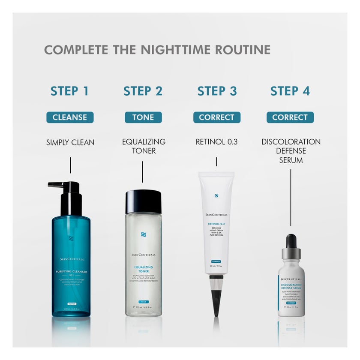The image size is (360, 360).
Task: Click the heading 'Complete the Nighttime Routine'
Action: [x=157, y=49]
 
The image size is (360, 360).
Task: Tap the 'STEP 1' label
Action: [x=69, y=91]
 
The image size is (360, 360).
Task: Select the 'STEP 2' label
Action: [x=143, y=91]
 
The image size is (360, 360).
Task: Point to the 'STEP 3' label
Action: [x=216, y=91]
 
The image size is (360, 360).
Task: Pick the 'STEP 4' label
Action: [x=290, y=91]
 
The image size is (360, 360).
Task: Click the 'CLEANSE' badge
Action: [x=70, y=117]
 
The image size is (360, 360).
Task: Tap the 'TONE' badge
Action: [x=143, y=117]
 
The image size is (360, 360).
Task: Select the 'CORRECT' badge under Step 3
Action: [x=216, y=117]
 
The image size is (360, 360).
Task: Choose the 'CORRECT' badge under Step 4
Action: [x=290, y=117]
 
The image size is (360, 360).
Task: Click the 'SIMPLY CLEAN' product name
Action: [x=70, y=142]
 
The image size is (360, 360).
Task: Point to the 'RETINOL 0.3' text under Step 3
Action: [x=216, y=142]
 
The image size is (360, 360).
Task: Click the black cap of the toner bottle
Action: [x=143, y=201]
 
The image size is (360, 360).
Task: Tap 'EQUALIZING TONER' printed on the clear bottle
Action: [x=143, y=269]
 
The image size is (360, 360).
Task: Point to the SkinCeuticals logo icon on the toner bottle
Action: [x=143, y=235]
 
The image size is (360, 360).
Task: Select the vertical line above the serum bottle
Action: [x=291, y=197]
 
